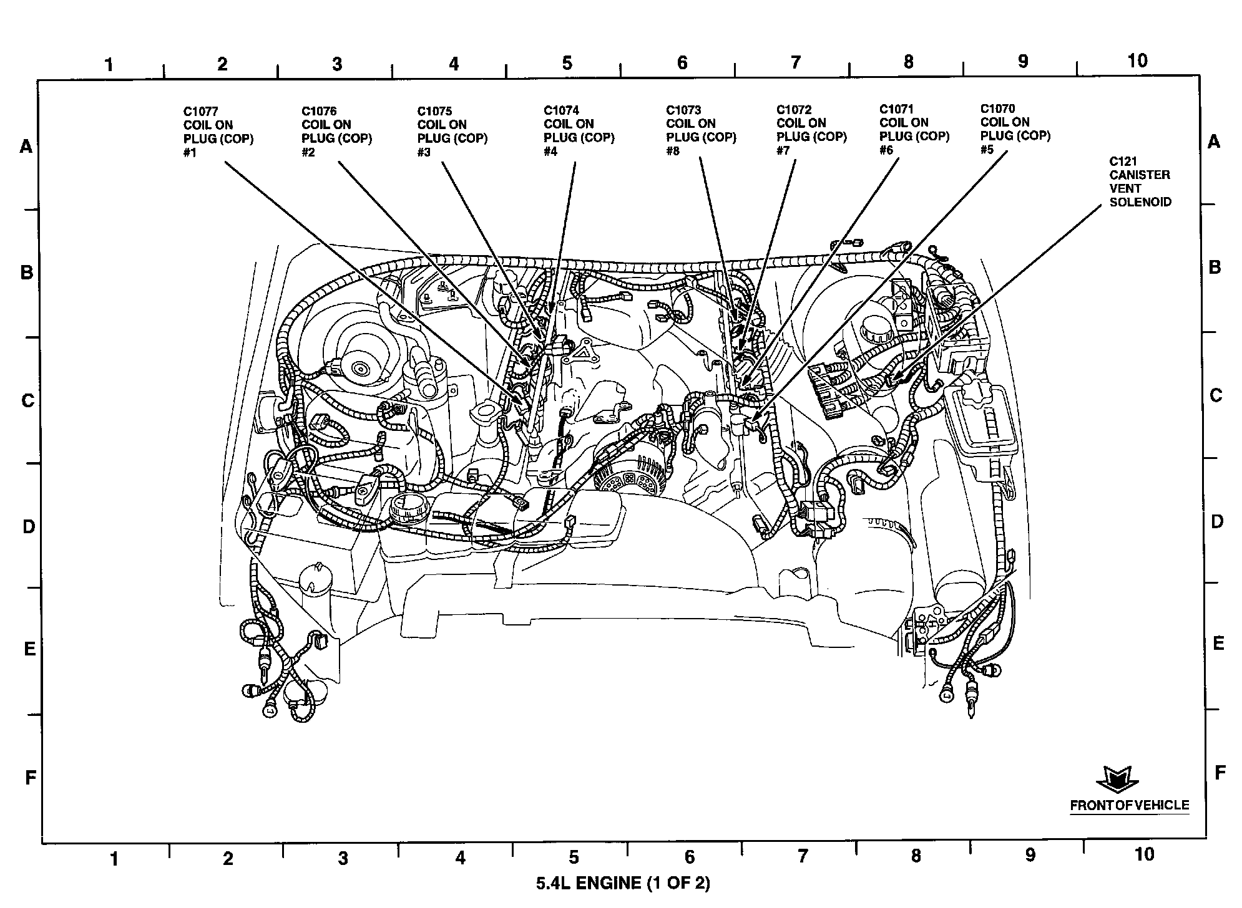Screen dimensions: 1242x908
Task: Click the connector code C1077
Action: tap(200, 112)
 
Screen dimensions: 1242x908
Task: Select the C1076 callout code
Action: tap(319, 111)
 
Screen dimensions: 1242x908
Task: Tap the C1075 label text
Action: tap(435, 111)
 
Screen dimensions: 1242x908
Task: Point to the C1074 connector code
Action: tap(561, 110)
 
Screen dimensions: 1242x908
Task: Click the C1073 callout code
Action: tap(683, 110)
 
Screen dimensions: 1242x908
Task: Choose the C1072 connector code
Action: tap(794, 109)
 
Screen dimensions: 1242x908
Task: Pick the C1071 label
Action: tap(897, 109)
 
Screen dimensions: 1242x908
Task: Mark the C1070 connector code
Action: tap(997, 108)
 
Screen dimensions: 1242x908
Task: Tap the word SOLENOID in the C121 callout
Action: tap(1140, 202)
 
